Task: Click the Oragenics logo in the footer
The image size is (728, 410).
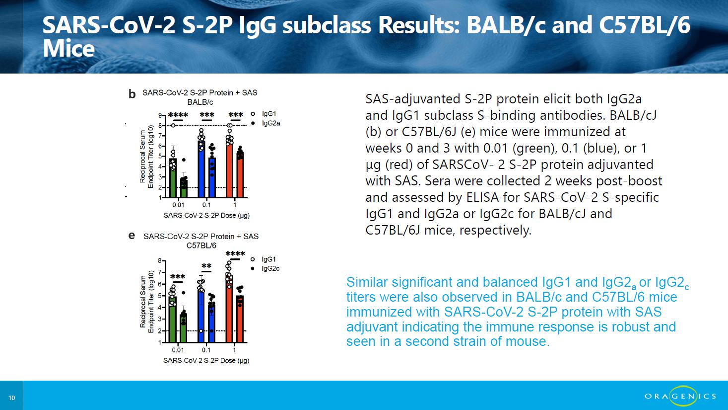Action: point(680,396)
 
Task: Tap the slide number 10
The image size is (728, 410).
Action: point(12,398)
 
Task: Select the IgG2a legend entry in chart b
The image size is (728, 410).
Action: point(266,123)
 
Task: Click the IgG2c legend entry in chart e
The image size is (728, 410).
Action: point(265,268)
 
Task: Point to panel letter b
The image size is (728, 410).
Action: point(132,94)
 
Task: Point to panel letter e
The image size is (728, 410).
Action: point(132,236)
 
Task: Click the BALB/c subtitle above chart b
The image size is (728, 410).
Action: point(200,102)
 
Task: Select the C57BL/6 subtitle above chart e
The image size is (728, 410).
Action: point(201,246)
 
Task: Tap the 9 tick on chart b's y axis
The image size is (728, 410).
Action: point(160,115)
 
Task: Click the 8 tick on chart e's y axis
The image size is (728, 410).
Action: point(160,260)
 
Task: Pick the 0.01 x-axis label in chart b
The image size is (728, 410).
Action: point(178,205)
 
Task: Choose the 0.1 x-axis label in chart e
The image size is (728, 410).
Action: point(206,350)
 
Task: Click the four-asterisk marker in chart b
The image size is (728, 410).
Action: point(178,115)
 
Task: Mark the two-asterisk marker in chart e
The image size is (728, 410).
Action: point(206,266)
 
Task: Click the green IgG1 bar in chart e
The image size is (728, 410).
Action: point(173,319)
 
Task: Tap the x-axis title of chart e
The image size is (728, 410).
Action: point(206,360)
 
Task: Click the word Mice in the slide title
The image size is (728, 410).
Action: point(68,49)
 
